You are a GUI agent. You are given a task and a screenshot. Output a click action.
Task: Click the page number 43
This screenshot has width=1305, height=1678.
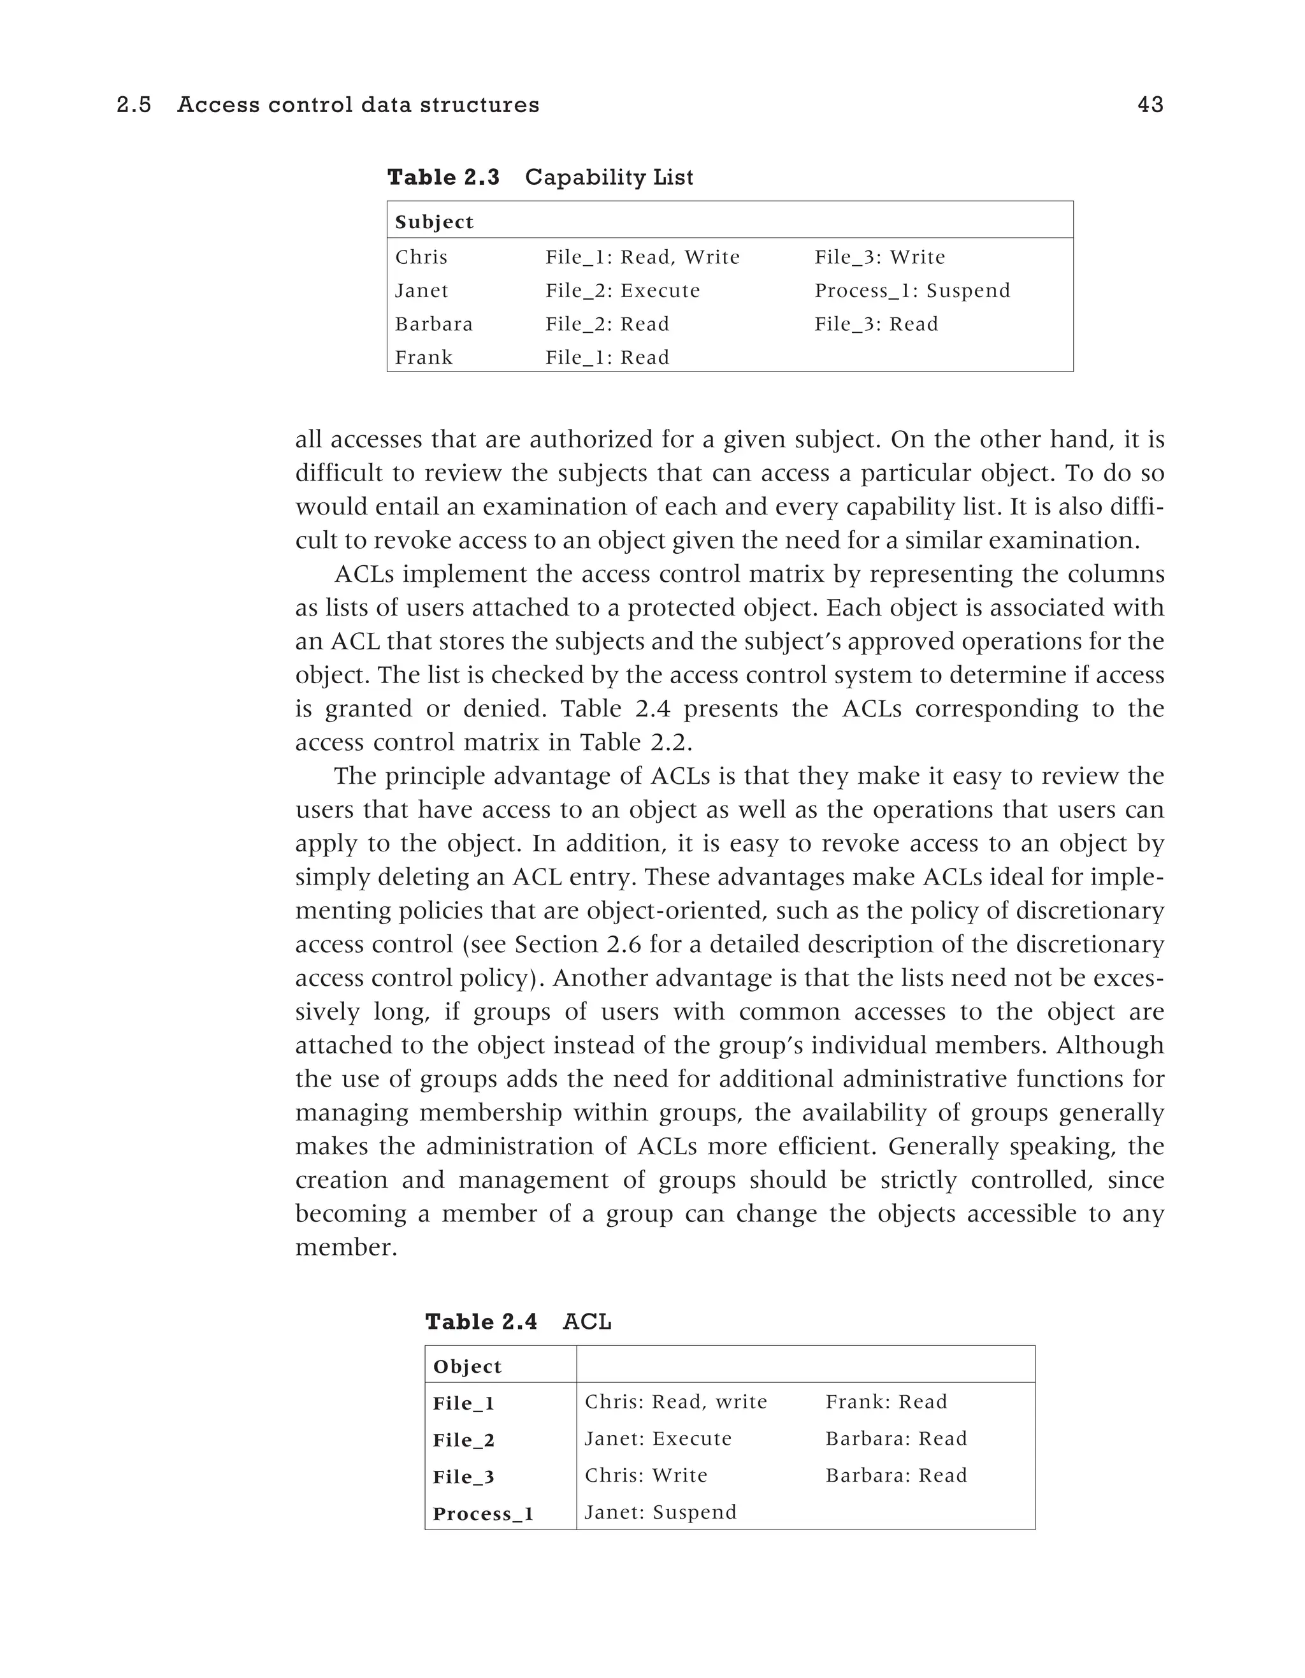1150,105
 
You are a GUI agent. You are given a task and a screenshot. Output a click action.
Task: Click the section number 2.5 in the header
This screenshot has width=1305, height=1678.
134,105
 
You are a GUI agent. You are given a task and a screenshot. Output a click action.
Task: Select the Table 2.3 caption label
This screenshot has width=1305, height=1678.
443,177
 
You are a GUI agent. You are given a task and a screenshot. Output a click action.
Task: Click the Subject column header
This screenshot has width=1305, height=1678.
434,222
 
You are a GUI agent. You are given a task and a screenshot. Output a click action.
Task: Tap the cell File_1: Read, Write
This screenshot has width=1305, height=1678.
642,257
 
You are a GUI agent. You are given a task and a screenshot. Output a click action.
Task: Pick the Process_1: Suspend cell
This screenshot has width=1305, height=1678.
912,291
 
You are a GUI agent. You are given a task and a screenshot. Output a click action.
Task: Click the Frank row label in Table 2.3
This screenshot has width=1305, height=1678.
424,358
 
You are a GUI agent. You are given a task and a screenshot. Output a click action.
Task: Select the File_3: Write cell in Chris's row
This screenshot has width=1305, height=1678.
879,257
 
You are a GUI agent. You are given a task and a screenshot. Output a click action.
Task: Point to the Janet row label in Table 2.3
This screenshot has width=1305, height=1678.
422,291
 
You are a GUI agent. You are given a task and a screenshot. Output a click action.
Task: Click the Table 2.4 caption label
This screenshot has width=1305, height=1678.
481,1322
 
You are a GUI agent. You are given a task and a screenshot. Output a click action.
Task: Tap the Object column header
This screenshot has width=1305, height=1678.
467,1366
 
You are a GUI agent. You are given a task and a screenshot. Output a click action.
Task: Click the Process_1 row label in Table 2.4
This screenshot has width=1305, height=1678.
483,1514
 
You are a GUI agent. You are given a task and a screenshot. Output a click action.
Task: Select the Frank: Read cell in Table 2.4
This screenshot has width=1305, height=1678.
886,1401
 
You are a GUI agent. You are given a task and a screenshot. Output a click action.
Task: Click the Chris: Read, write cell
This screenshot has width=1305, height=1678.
676,1401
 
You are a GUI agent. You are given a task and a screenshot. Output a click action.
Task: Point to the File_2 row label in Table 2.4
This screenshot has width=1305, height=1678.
464,1440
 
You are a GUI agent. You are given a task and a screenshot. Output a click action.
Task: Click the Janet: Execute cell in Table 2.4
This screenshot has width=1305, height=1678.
658,1438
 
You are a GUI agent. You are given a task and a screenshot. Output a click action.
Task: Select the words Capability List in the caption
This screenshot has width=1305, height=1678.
609,177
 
